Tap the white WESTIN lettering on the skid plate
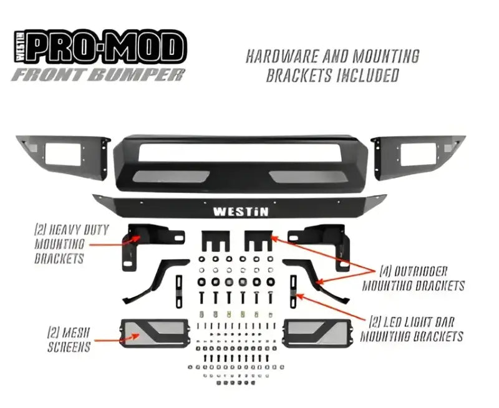coord(241,211)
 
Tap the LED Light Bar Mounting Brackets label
coord(416,329)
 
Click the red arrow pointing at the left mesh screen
coord(115,339)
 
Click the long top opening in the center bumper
coord(240,150)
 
